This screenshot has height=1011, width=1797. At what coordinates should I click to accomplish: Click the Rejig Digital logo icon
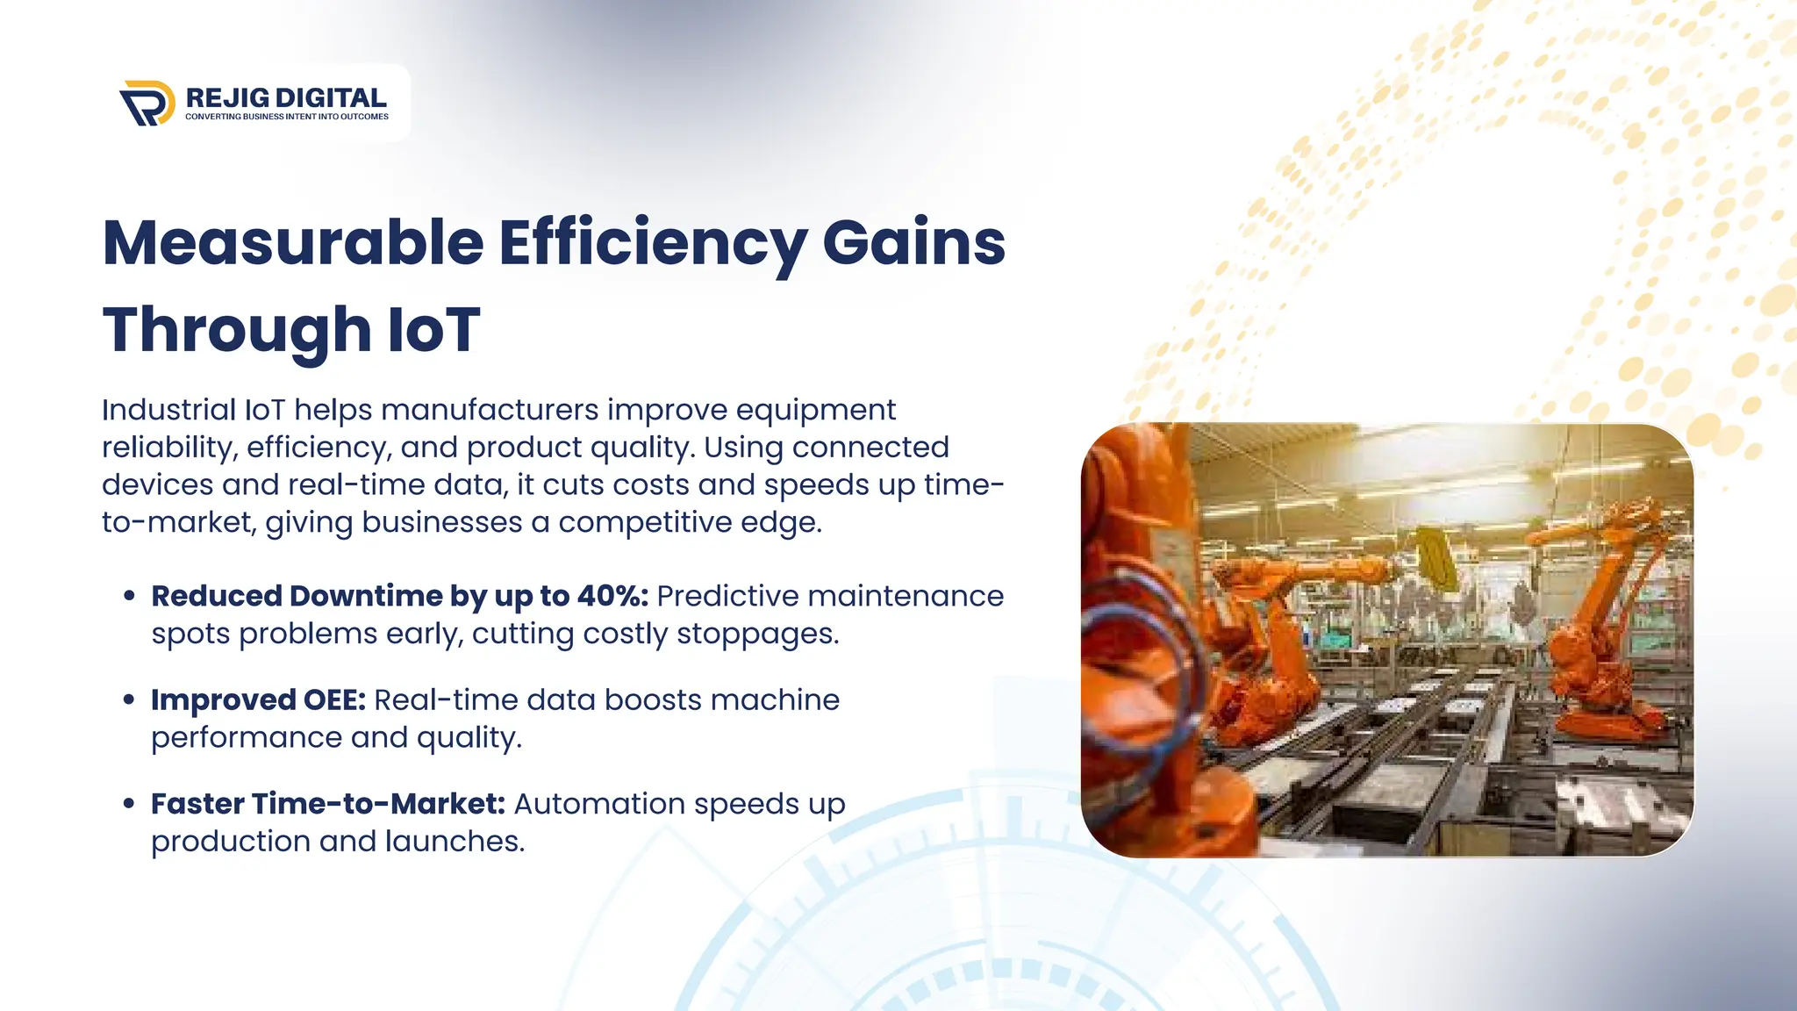[147, 103]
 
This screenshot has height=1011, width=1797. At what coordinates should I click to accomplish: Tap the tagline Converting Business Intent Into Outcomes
[286, 117]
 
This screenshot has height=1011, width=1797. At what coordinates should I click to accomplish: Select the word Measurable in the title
[293, 243]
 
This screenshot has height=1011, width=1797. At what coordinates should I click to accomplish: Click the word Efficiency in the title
[653, 243]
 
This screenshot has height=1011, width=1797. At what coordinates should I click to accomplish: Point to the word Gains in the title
[913, 243]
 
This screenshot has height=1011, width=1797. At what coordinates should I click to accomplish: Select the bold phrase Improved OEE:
[258, 700]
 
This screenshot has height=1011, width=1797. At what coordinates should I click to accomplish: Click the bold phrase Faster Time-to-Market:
[328, 804]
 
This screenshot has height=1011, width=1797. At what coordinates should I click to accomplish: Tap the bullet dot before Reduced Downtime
[130, 596]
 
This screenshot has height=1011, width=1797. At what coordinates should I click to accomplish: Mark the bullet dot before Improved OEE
[130, 700]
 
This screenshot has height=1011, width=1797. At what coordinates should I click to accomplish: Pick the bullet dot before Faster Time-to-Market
[130, 804]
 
